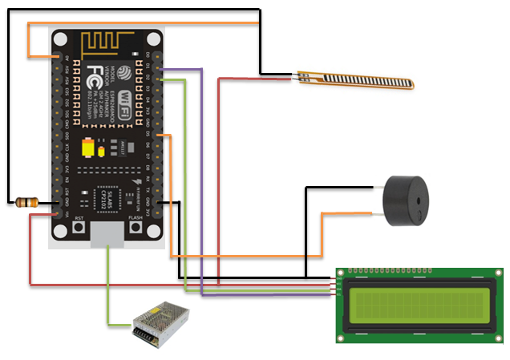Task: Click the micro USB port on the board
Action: coord(107,233)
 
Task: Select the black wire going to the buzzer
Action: coord(307,233)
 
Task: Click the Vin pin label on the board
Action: coord(67,214)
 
